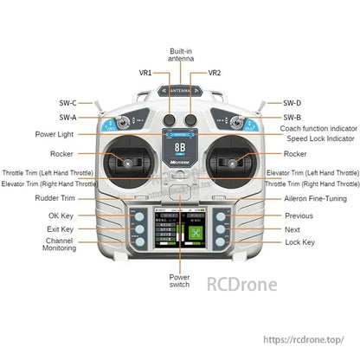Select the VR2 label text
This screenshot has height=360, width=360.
pos(215,74)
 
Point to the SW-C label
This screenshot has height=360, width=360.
pos(67,103)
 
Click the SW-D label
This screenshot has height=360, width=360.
pos(292,103)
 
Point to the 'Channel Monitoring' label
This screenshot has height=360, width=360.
pos(59,247)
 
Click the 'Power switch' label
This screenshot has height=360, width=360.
pos(180,281)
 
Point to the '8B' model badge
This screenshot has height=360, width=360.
pos(180,149)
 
